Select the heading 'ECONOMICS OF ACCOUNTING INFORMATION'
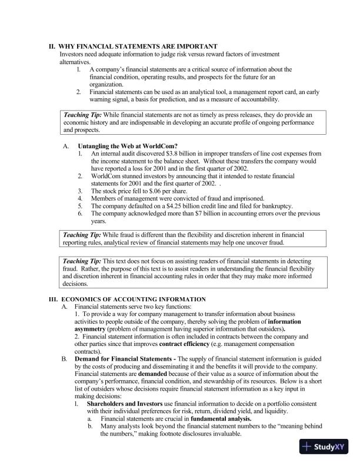133,299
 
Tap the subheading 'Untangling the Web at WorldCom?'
128,145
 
